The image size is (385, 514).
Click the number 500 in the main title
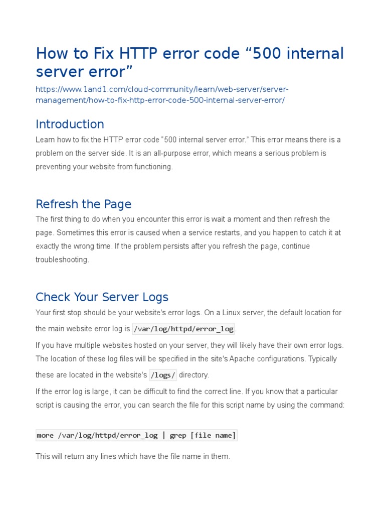click(267, 53)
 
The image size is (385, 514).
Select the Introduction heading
click(70, 124)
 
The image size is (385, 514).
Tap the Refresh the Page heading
click(83, 204)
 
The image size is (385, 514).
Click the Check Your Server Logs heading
click(102, 297)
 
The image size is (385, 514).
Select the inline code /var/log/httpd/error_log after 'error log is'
click(183, 329)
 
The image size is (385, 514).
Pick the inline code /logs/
click(163, 375)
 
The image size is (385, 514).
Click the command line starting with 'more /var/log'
click(136, 435)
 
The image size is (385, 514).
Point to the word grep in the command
click(178, 435)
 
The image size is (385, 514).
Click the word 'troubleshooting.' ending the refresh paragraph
click(62, 260)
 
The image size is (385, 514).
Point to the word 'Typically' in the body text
click(322, 359)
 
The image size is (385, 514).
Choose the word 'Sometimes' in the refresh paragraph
click(75, 232)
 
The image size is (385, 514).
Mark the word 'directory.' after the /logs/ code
click(194, 375)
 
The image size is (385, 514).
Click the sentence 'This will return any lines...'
click(132, 456)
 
